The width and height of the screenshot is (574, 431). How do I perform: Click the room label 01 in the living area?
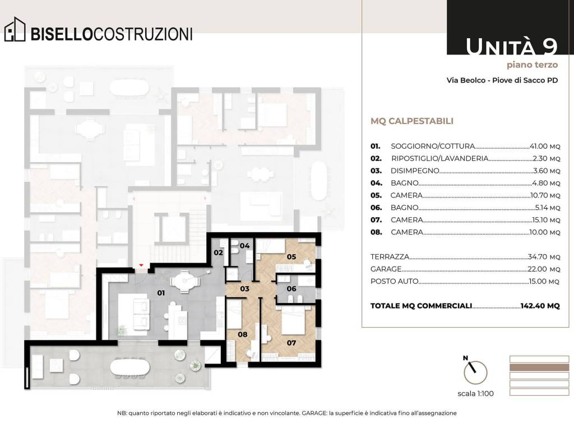tap(161, 293)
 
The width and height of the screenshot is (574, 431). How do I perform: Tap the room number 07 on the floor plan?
tap(291, 343)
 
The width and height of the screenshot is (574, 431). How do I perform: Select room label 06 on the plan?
tap(291, 289)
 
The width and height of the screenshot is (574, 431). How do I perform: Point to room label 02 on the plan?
tap(219, 253)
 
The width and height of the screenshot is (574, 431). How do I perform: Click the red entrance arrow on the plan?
tap(141, 265)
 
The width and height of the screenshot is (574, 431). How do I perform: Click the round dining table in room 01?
tap(185, 282)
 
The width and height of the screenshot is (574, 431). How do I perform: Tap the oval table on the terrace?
tap(129, 367)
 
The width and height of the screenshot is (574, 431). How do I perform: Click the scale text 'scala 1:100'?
tap(475, 393)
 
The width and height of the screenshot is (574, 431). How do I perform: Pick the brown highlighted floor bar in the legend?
tap(539, 368)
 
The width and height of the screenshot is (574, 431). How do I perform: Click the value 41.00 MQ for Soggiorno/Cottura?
tap(545, 146)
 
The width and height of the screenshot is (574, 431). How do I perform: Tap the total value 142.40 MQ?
tap(540, 306)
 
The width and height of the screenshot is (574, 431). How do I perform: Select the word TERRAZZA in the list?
tap(390, 257)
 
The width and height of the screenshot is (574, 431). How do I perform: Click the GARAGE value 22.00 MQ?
tap(544, 269)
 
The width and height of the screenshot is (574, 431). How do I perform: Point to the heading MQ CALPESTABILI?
tap(412, 121)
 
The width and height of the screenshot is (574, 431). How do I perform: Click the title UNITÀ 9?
tap(512, 47)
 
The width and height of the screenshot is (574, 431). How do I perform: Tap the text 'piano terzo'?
tap(533, 65)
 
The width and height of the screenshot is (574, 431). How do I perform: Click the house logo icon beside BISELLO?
tap(15, 29)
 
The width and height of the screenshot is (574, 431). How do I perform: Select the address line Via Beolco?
tap(502, 80)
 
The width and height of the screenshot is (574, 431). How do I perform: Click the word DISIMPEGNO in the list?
tap(415, 171)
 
